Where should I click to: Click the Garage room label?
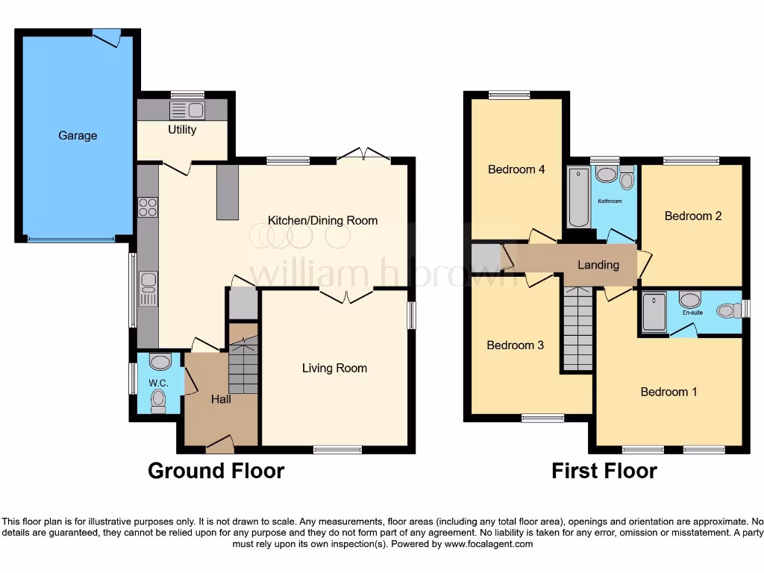click(78, 136)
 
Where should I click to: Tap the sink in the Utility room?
click(187, 110)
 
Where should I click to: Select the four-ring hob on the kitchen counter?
click(148, 206)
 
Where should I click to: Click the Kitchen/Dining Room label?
click(322, 220)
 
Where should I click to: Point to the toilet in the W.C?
click(158, 403)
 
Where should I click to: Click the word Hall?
click(221, 399)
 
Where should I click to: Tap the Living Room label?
click(334, 368)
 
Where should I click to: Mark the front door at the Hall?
click(219, 445)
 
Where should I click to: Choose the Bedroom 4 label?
click(516, 169)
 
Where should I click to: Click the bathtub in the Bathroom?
click(579, 198)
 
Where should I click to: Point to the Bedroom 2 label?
click(693, 216)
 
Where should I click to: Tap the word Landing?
click(598, 264)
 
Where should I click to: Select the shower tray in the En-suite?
click(654, 312)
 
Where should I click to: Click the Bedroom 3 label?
click(515, 345)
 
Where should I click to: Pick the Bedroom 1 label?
click(668, 392)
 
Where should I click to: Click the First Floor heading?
click(604, 471)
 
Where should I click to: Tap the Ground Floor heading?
click(216, 471)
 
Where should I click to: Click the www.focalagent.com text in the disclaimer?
click(488, 544)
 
